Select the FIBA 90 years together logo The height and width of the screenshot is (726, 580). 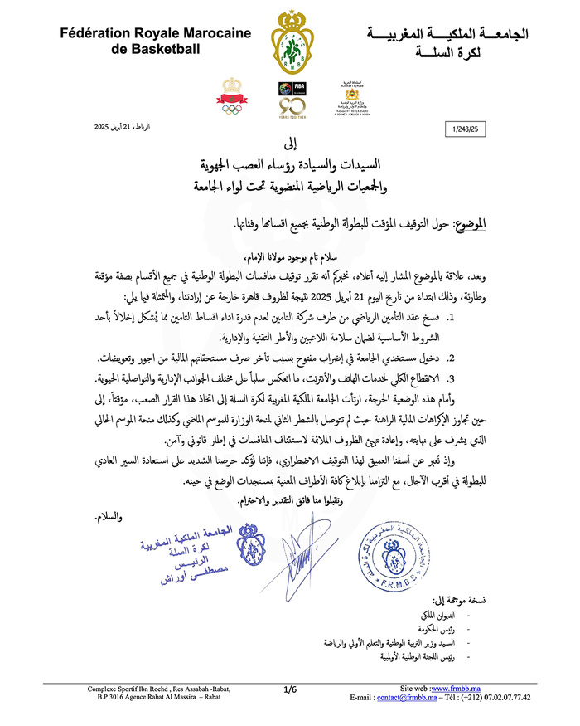coord(288,99)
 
